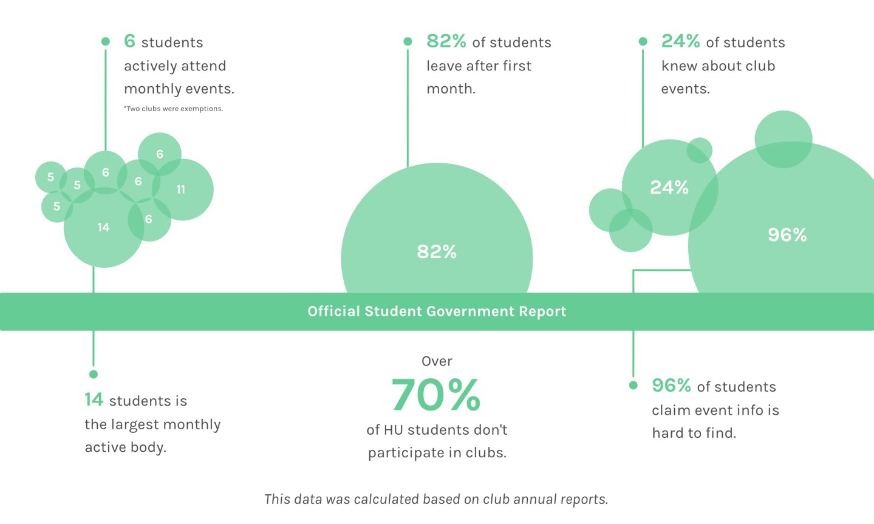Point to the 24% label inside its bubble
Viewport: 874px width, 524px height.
(669, 188)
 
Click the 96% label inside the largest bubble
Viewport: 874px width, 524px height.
(787, 235)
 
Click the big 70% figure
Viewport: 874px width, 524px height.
(436, 395)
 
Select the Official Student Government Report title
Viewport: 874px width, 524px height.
(437, 311)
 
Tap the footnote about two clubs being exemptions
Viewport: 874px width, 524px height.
(174, 109)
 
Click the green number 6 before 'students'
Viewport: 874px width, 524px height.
(129, 41)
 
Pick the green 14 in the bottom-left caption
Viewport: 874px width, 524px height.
(94, 400)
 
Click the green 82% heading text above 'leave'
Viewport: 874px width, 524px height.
(446, 41)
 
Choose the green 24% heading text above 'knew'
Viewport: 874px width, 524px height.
(680, 41)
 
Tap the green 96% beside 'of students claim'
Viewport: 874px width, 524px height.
(671, 386)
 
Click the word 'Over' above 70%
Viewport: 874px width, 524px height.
(437, 361)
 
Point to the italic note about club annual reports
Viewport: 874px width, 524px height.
(436, 499)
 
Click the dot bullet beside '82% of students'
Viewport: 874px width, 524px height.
(408, 41)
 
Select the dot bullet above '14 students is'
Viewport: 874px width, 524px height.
(94, 374)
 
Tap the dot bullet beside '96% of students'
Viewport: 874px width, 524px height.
(633, 385)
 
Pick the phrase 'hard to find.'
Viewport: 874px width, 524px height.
(694, 433)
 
